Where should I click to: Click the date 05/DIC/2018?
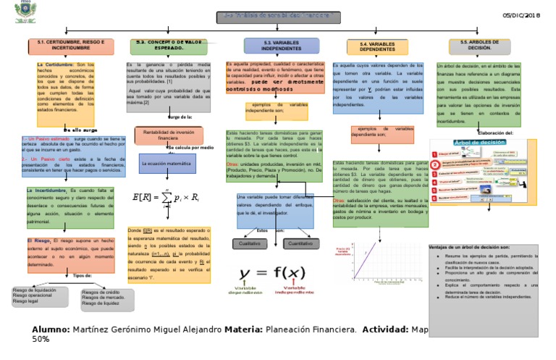[521, 15]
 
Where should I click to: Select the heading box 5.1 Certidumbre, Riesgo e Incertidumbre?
[70, 46]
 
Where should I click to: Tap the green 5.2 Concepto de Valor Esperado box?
[172, 46]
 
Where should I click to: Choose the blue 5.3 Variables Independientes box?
[282, 46]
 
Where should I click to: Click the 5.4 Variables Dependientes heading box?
[377, 47]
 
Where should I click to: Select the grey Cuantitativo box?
[300, 244]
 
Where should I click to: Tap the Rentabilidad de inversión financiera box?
[169, 135]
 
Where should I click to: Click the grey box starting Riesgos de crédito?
[107, 297]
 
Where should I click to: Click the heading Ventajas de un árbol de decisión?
[470, 247]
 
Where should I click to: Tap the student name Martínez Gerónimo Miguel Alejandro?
[148, 330]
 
